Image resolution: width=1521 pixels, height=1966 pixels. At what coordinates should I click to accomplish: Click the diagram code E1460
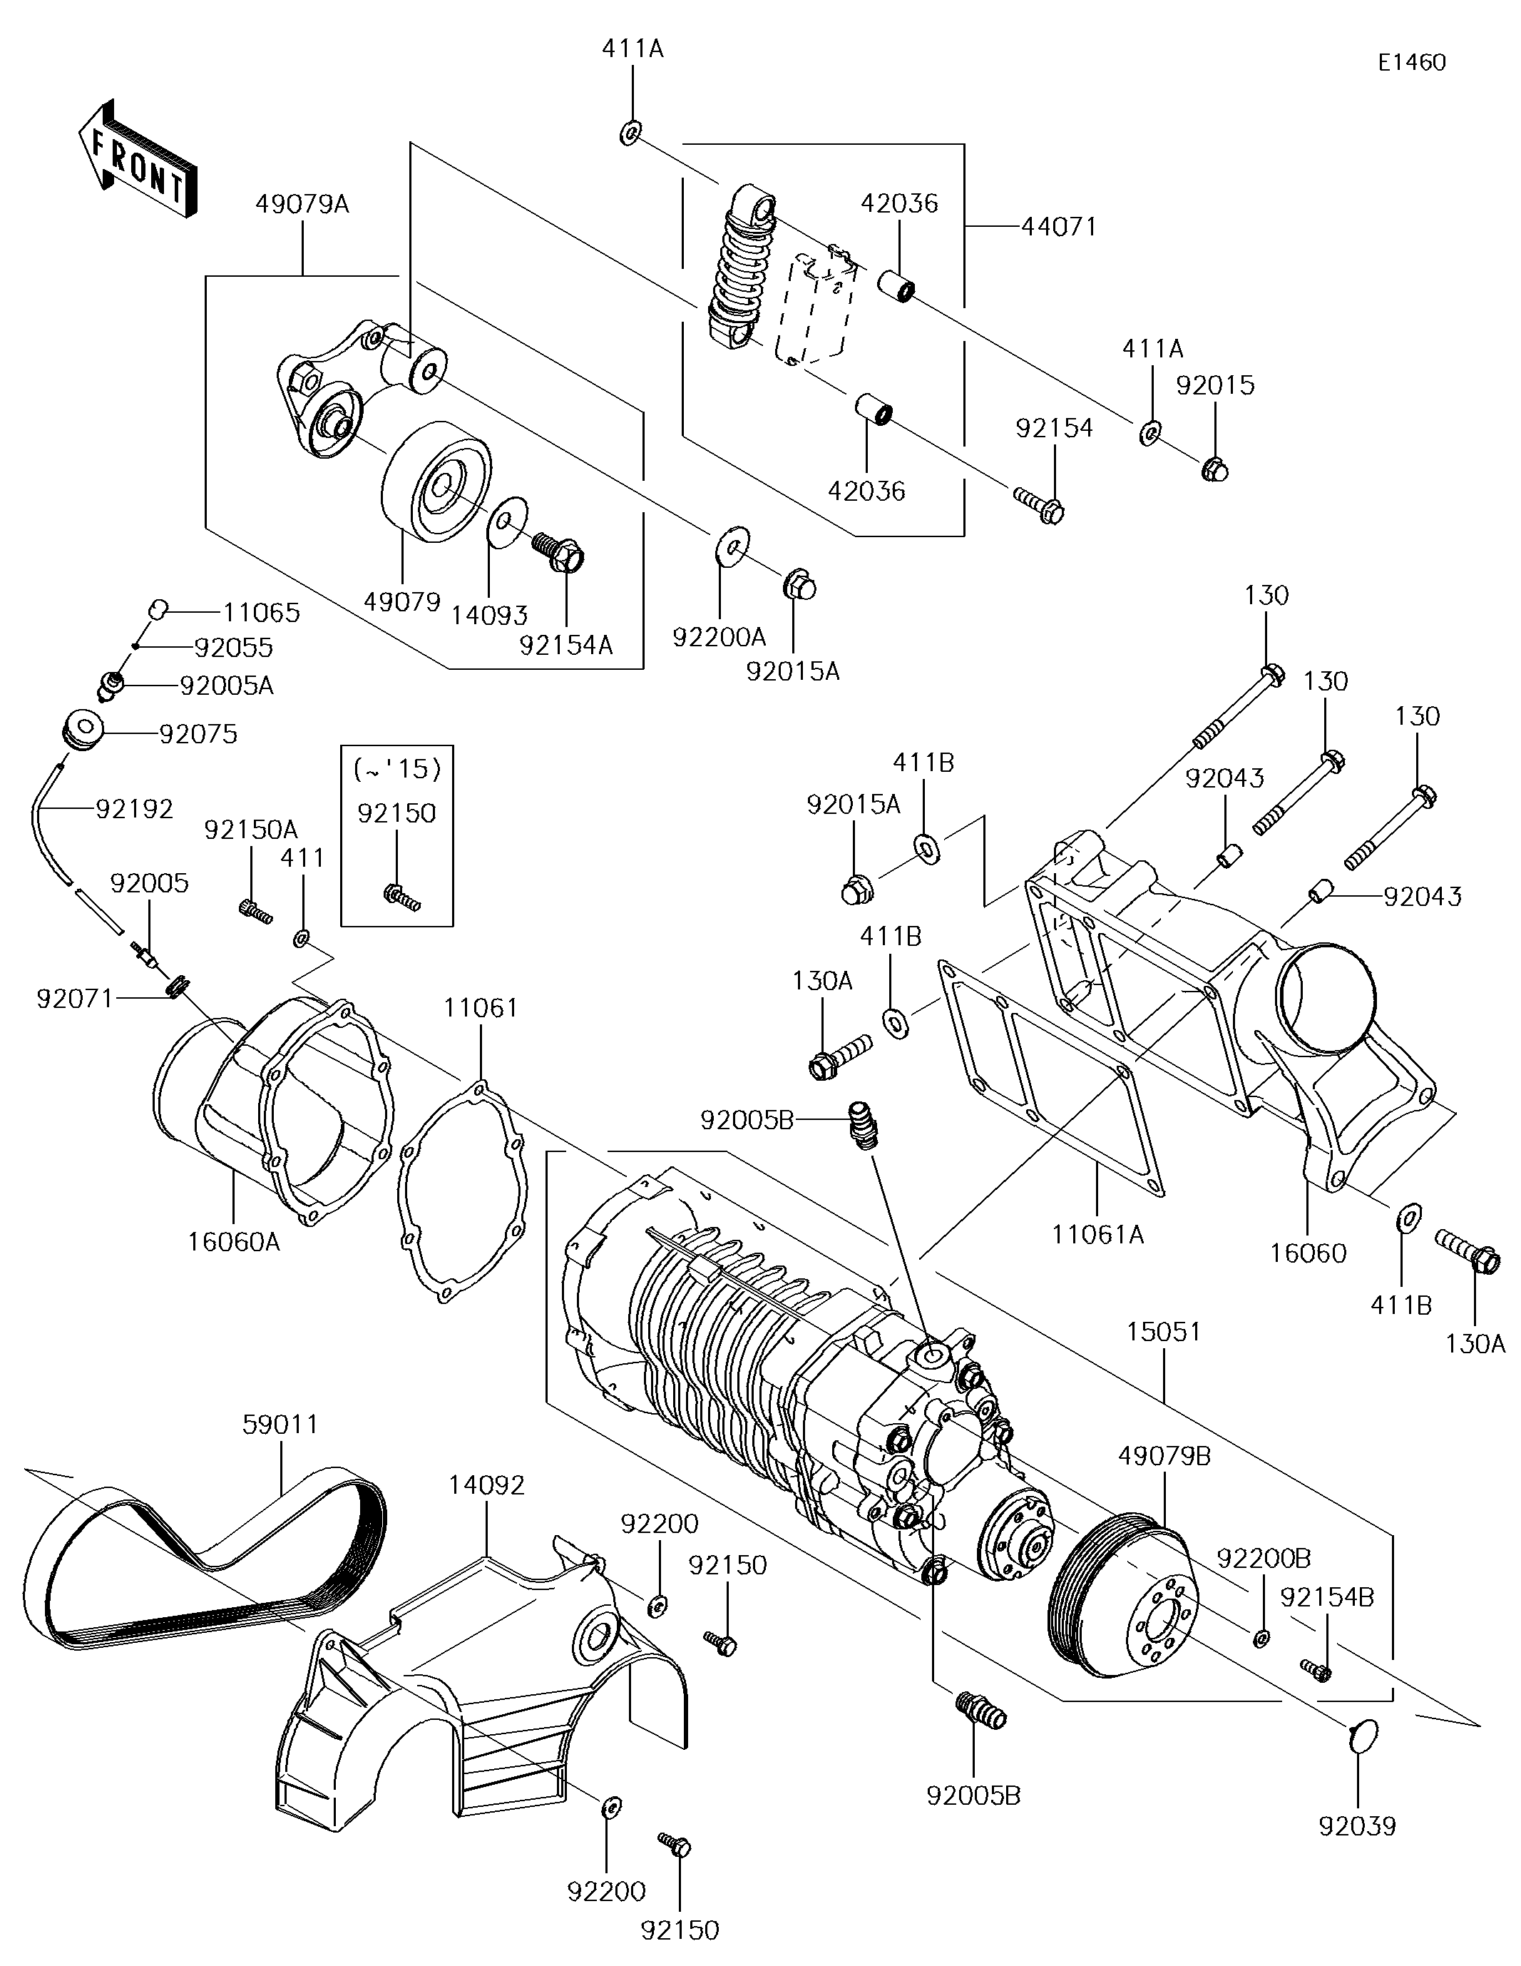click(1411, 62)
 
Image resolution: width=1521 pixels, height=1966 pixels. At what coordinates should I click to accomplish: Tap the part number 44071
click(1060, 226)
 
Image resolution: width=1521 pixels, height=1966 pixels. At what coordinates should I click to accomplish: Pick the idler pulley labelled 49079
click(436, 481)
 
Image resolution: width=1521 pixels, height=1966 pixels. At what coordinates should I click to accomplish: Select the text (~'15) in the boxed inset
click(397, 770)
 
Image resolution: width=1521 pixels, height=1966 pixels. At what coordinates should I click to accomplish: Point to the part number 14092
click(487, 1485)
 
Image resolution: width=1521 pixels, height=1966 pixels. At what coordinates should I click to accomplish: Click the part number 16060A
click(234, 1242)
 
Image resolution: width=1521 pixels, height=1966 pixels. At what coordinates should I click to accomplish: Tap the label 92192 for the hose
click(134, 809)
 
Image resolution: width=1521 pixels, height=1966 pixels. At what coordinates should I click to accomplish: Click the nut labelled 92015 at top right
click(1215, 469)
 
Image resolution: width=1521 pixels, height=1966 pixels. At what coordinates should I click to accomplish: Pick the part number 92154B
click(1326, 1597)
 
